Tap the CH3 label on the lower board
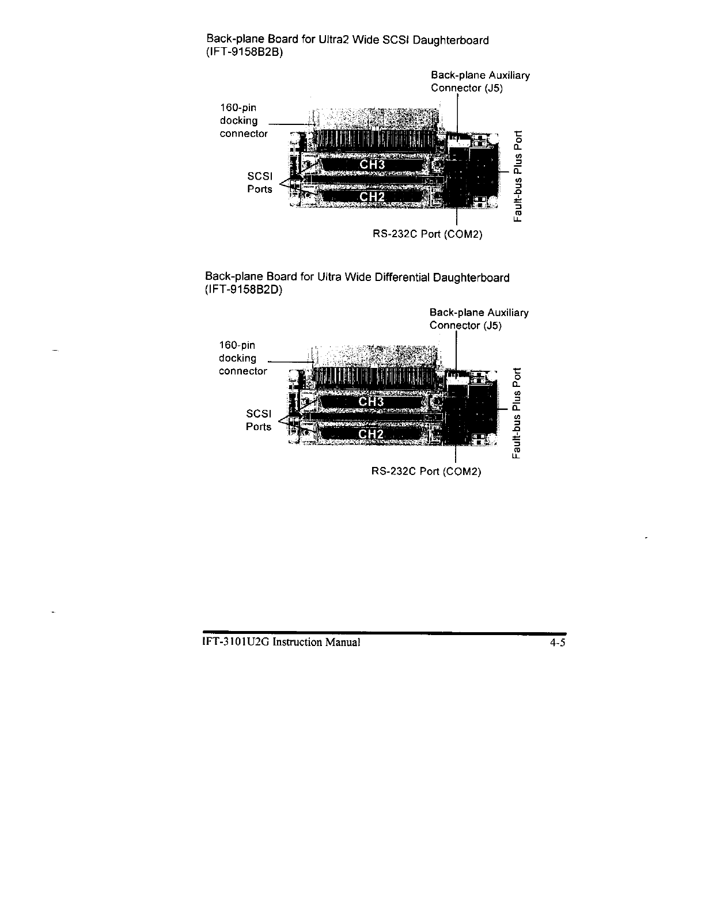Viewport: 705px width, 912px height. coord(371,402)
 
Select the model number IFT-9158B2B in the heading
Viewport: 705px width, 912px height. coord(245,52)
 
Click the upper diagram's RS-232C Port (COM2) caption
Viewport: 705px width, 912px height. coord(427,234)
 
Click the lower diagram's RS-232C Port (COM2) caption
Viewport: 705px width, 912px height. coord(426,472)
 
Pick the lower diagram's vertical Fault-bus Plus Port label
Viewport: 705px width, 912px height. coord(518,413)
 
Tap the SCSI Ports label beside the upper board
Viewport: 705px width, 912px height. coord(260,183)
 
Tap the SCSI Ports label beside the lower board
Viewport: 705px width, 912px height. coord(259,420)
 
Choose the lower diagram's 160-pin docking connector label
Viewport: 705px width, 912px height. coord(242,358)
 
